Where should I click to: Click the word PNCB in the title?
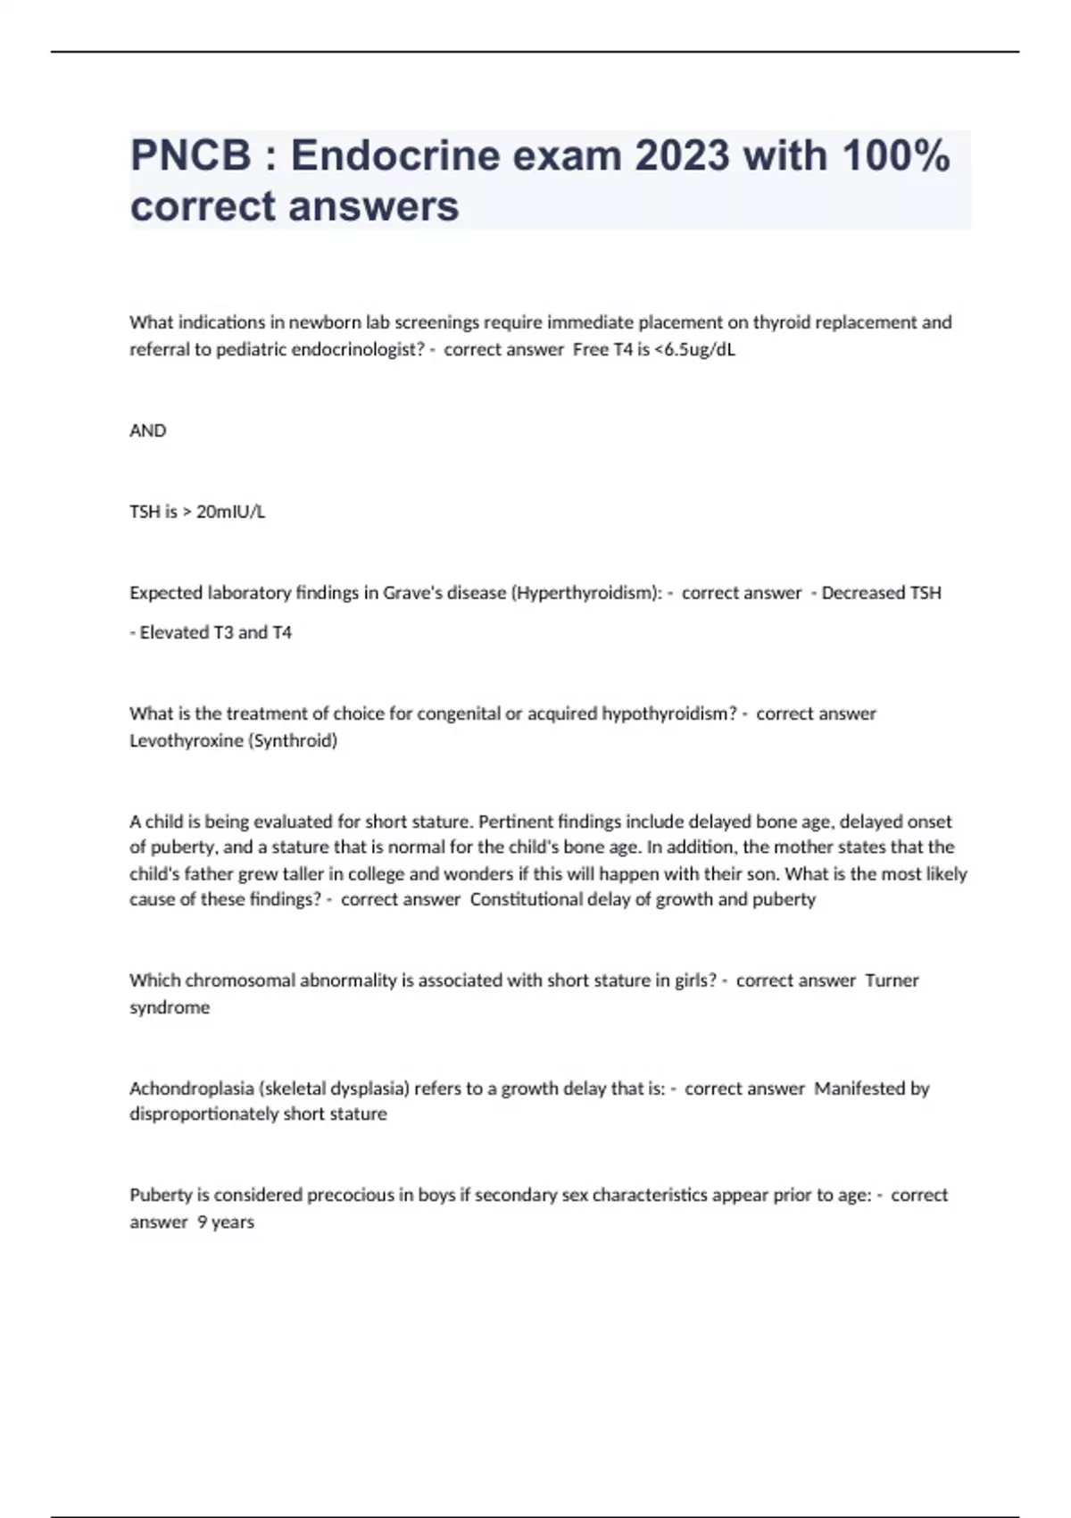pyautogui.click(x=191, y=156)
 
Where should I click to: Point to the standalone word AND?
pyautogui.click(x=148, y=430)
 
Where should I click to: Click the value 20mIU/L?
pyautogui.click(x=230, y=512)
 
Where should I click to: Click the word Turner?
pyautogui.click(x=892, y=980)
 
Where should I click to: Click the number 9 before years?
pyautogui.click(x=202, y=1222)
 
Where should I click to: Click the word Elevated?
pyautogui.click(x=174, y=632)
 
